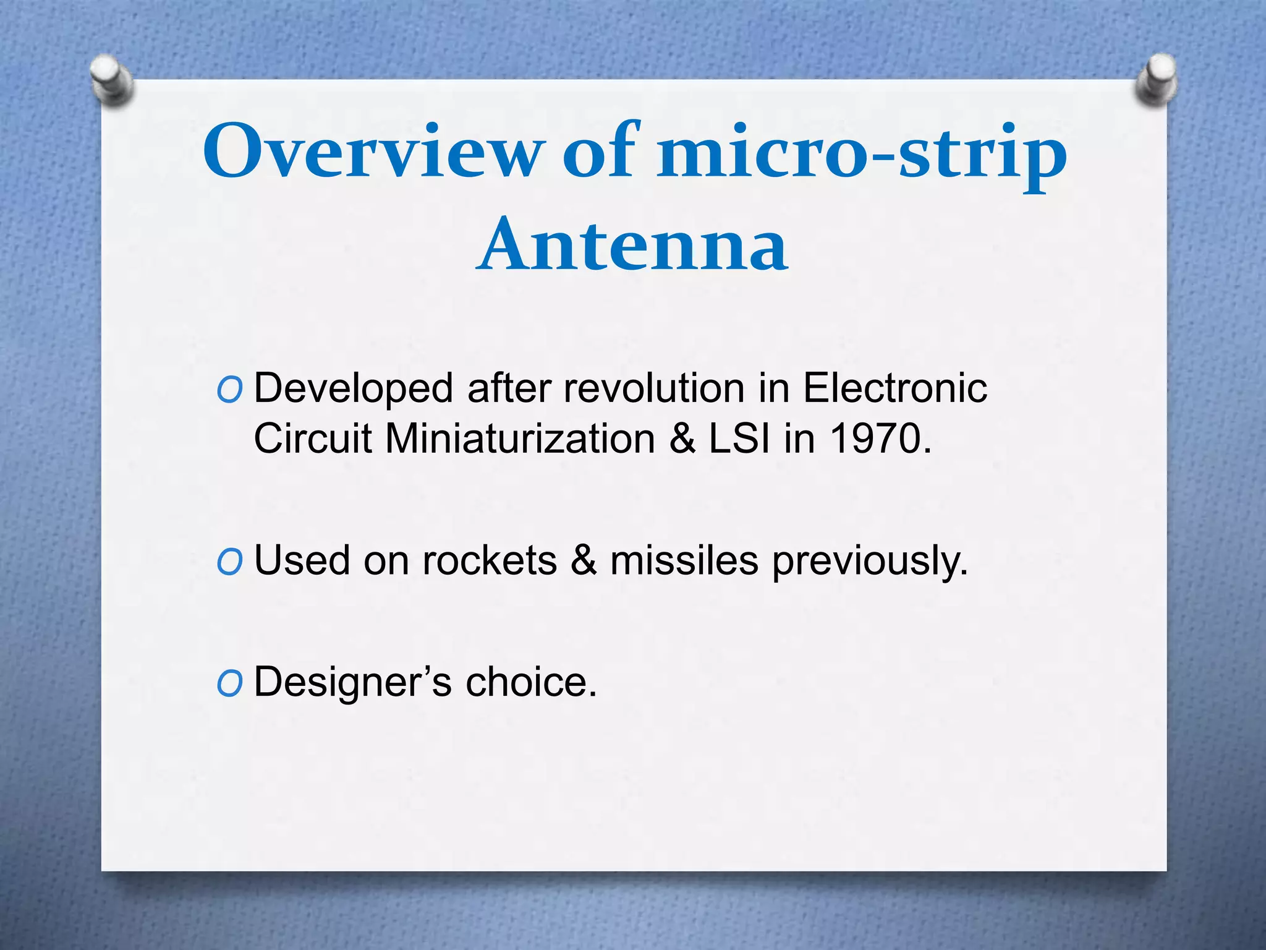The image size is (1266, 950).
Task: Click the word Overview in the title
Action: click(373, 152)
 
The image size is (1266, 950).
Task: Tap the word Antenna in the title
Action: click(632, 246)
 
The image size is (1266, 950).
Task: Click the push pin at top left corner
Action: click(111, 80)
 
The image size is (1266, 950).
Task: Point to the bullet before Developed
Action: click(229, 390)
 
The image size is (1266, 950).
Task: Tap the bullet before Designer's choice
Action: click(229, 683)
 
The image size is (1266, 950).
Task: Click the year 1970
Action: click(880, 439)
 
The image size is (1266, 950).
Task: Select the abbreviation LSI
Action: click(739, 439)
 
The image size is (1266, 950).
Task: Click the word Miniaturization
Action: click(520, 439)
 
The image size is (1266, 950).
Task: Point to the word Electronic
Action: click(894, 388)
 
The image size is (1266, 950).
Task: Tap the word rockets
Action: click(489, 560)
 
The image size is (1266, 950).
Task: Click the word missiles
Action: click(684, 560)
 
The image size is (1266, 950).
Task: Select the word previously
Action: click(870, 562)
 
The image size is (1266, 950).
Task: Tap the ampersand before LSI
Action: click(682, 439)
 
